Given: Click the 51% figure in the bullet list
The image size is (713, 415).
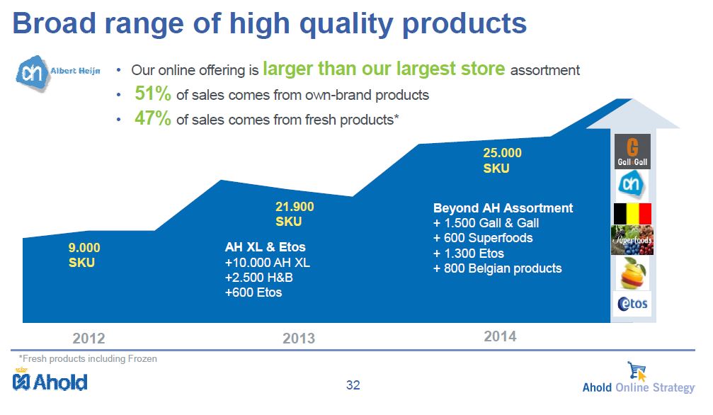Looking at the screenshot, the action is click(x=153, y=93).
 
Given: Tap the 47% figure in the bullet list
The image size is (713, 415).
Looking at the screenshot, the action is click(x=153, y=118).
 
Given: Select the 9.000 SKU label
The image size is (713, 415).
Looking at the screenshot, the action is click(x=84, y=255).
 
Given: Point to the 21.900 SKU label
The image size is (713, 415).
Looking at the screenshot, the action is click(x=295, y=214).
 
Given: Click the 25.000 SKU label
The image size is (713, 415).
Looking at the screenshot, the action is click(x=503, y=160).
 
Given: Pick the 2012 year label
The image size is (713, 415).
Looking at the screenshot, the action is click(x=89, y=338).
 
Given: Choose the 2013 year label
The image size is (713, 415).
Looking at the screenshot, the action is click(x=299, y=338).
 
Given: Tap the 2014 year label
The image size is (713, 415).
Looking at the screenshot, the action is click(x=500, y=336).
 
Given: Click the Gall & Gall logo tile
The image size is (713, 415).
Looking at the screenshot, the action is click(x=632, y=152).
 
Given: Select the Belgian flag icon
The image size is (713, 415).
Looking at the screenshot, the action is click(x=632, y=214).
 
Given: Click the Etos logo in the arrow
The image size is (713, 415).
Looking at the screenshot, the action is click(x=632, y=304).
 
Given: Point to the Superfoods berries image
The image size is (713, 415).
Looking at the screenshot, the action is click(x=632, y=240).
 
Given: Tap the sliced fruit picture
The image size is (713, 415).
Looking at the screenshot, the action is click(x=632, y=273).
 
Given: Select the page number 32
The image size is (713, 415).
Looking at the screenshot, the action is click(x=353, y=385).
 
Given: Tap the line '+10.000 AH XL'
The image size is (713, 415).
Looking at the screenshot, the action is click(x=268, y=263).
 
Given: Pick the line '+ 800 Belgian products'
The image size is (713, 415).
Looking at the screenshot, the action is click(x=498, y=268).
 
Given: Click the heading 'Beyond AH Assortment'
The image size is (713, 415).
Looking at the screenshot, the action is click(x=503, y=208).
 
